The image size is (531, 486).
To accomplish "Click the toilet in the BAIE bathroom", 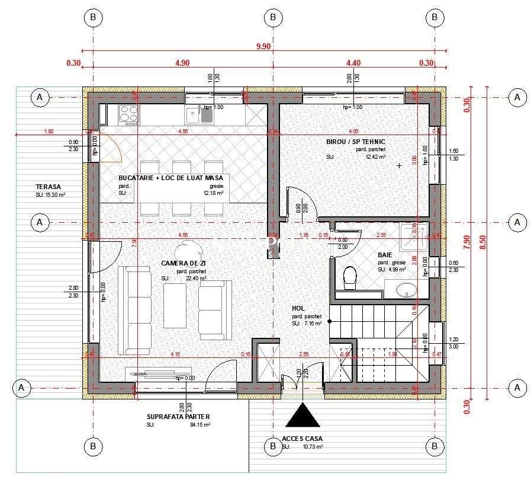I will click(350, 277).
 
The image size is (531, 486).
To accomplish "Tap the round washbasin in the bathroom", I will click(407, 290).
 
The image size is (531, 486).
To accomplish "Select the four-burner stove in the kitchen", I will click(128, 115).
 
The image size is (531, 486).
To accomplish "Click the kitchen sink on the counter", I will click(198, 114).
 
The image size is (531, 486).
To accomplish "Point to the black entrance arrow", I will click(302, 415).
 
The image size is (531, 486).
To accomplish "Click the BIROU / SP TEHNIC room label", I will click(355, 142).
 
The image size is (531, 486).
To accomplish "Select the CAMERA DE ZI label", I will click(183, 263).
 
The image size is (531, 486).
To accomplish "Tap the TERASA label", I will click(48, 187).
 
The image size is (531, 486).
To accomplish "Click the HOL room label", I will click(298, 308).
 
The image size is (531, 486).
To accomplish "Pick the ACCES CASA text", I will click(302, 439).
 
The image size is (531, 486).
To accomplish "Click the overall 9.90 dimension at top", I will click(263, 46).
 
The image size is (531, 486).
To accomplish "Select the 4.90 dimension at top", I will click(182, 62).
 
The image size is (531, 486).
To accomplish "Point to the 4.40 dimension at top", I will click(353, 62).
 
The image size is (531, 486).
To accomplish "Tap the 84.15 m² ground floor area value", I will click(200, 424).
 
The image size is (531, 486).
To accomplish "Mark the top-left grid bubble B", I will click(92, 18).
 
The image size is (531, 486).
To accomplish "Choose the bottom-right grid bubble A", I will click(517, 388).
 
